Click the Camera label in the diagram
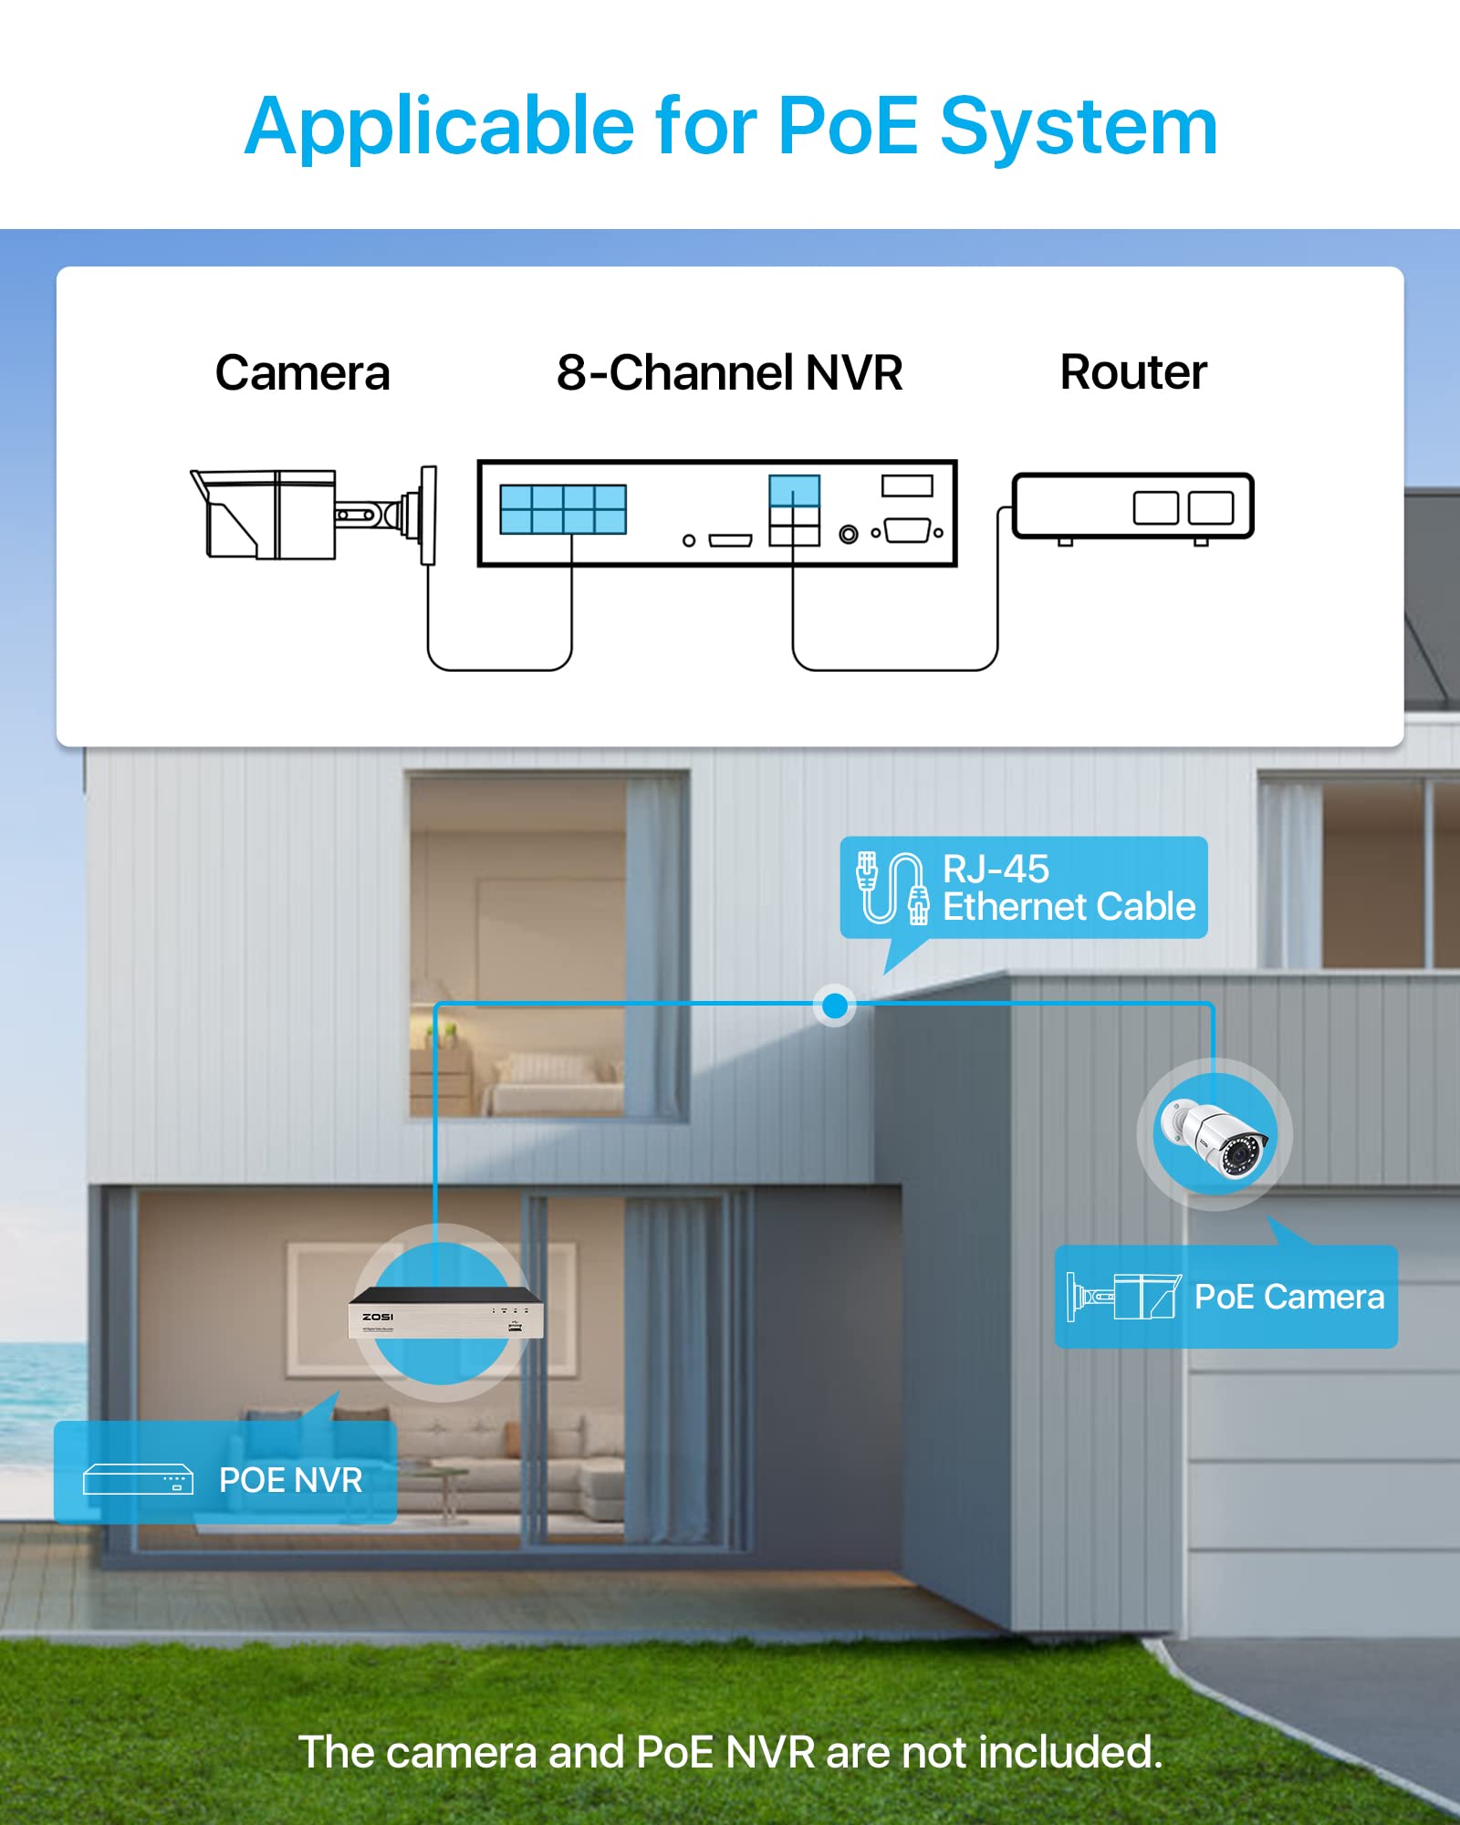[302, 373]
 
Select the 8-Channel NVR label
[729, 373]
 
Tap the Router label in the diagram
[1133, 372]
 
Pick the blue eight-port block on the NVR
[563, 509]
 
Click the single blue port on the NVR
[794, 490]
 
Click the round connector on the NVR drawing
[849, 534]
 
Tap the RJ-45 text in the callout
[996, 870]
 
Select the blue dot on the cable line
[834, 1006]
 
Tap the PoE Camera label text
[1289, 1297]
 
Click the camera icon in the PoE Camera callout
[1124, 1297]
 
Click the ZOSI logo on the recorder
[378, 1317]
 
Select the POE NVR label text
[291, 1480]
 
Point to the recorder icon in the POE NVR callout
[138, 1479]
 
